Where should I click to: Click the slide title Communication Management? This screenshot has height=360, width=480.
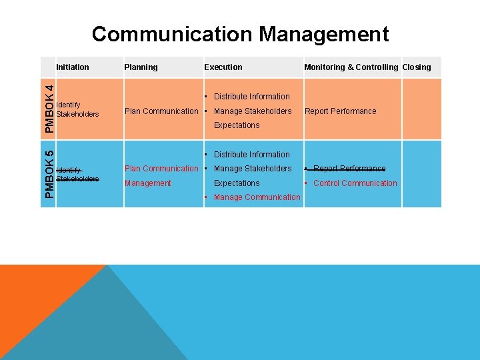(240, 34)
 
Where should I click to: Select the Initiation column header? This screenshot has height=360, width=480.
(73, 67)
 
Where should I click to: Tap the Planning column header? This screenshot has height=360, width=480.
(141, 67)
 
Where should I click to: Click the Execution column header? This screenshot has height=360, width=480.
(223, 67)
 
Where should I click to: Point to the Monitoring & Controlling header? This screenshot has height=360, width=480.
(351, 67)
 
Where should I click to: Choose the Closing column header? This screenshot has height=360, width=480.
(417, 67)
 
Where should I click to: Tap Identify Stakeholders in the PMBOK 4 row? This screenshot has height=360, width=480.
(77, 109)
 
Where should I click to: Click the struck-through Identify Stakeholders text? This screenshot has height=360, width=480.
(77, 174)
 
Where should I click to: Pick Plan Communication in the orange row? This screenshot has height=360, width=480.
(161, 111)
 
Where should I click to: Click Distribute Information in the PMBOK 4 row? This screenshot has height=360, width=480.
(251, 97)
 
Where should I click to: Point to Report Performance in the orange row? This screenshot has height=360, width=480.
(340, 111)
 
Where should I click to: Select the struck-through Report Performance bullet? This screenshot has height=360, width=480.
(349, 169)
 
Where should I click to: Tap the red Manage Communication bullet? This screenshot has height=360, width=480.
(257, 197)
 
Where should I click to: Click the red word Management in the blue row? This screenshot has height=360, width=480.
(147, 183)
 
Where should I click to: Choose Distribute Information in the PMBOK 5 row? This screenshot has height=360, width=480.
(251, 155)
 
